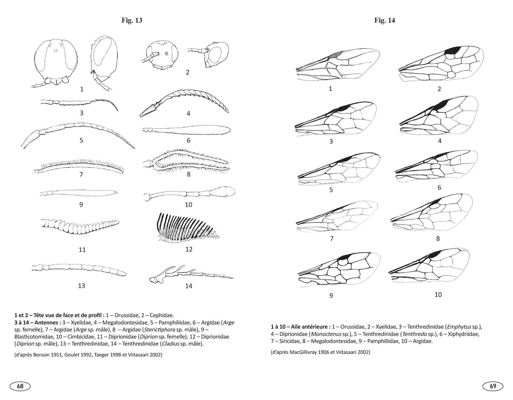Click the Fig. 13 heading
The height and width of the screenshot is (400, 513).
132,20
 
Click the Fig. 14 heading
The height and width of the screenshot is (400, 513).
384,20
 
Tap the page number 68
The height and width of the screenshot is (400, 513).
20,386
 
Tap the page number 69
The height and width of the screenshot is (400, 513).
493,386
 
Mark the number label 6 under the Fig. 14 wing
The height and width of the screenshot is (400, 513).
439,187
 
